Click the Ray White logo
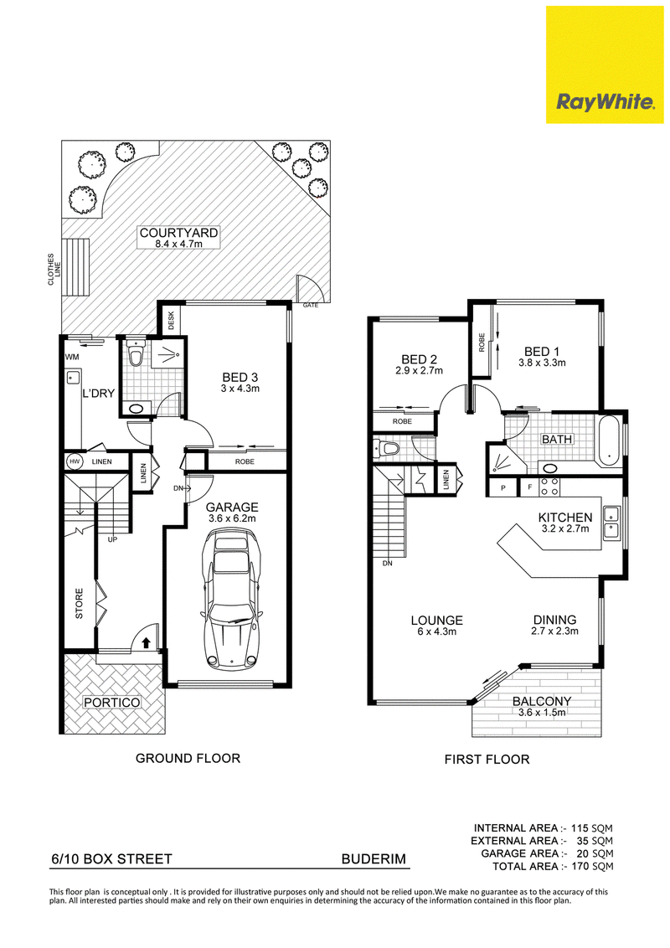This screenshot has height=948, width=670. click(x=605, y=64)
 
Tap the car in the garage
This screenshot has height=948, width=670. click(x=233, y=599)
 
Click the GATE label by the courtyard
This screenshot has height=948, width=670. click(x=310, y=306)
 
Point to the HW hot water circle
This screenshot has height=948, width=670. click(x=75, y=462)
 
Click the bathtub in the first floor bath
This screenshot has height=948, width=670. click(x=610, y=440)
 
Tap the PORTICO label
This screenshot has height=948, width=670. click(x=112, y=703)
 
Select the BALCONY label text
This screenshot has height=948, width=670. click(x=542, y=701)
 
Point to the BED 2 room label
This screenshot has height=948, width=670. click(x=419, y=359)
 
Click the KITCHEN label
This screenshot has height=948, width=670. click(x=565, y=518)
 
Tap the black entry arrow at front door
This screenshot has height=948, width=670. click(x=145, y=641)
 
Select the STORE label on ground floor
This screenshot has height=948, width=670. click(x=80, y=603)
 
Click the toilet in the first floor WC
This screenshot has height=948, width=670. click(x=388, y=449)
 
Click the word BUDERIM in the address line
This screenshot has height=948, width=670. click(x=374, y=859)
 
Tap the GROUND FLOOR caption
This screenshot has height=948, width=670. click(x=188, y=758)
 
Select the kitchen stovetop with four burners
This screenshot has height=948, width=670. click(x=549, y=487)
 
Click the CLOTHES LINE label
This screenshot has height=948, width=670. click(x=54, y=269)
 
